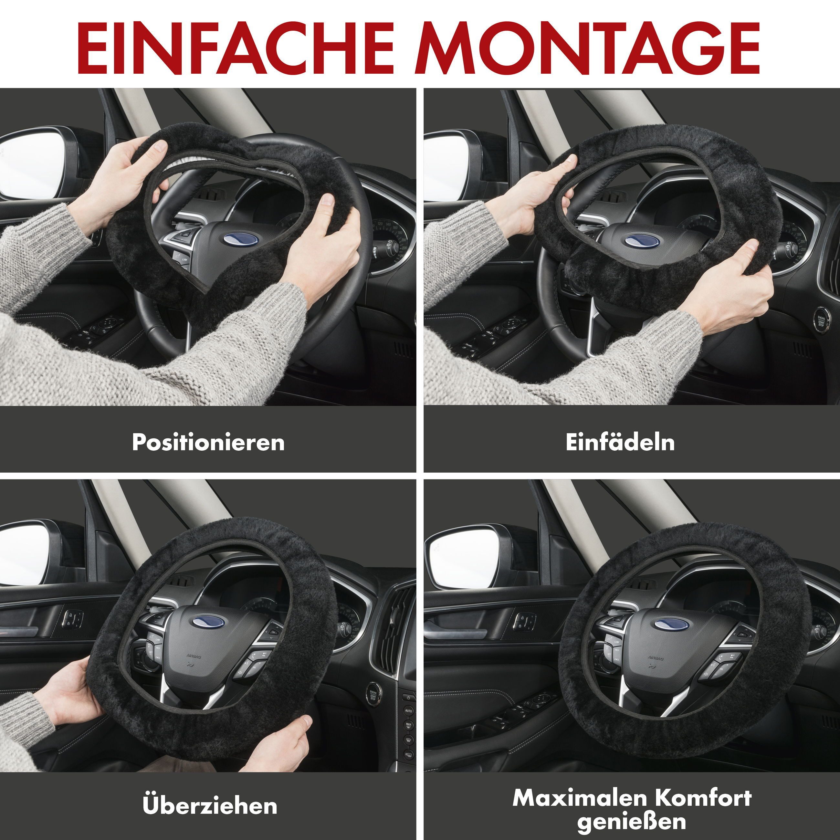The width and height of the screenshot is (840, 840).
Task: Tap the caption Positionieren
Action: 208,442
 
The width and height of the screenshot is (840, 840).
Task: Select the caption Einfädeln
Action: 620,442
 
